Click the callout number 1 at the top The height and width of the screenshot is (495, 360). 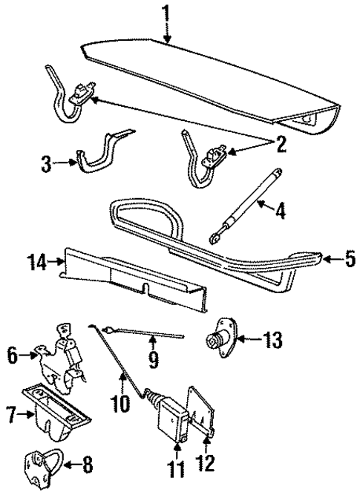click(x=167, y=12)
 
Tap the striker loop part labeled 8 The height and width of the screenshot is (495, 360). click(x=48, y=464)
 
